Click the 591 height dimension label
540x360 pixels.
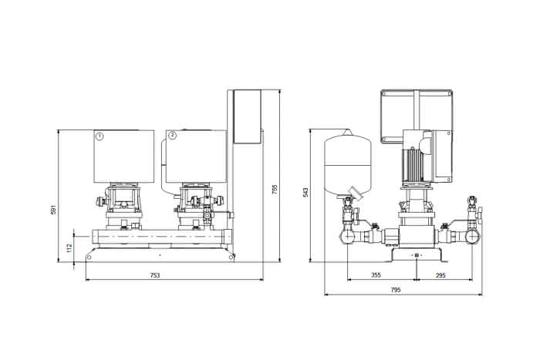tap(53, 210)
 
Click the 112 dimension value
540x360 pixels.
tap(69, 247)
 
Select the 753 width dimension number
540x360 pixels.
tap(155, 275)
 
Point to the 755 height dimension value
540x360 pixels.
tap(275, 190)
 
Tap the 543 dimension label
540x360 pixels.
tap(305, 193)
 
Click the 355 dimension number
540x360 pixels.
tap(376, 275)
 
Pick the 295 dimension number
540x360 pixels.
tap(440, 275)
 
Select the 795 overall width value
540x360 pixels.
tap(396, 290)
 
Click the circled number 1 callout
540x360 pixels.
tap(100, 136)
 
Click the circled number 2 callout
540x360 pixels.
tap(172, 136)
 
